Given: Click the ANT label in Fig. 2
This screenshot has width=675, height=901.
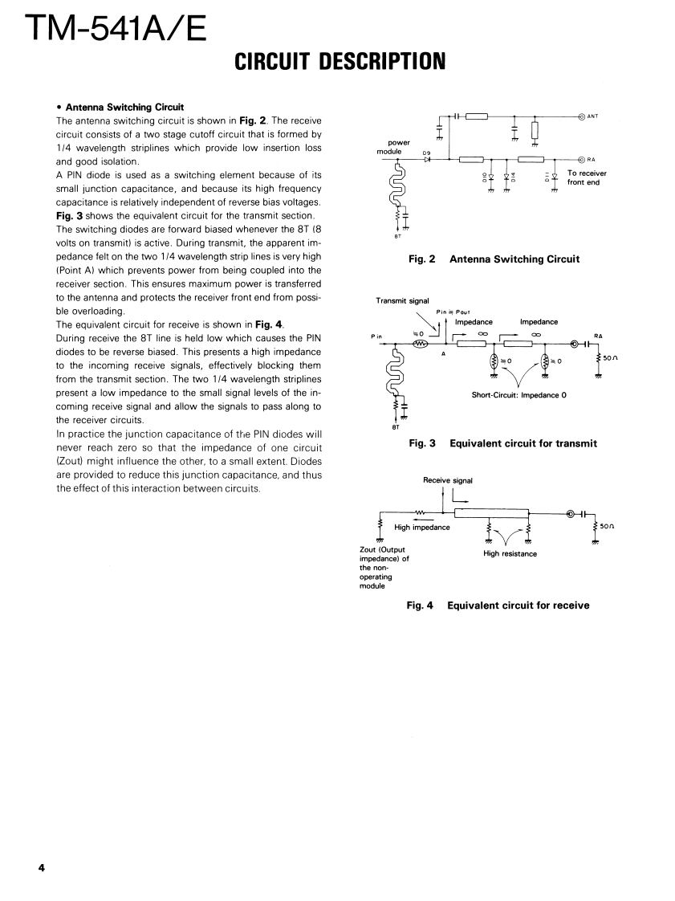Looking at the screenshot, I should point(592,116).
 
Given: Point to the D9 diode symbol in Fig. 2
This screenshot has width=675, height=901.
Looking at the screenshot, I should point(428,159).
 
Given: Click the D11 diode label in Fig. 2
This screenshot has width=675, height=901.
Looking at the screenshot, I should point(546,177).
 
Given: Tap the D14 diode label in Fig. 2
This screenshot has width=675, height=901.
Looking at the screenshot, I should point(512,177).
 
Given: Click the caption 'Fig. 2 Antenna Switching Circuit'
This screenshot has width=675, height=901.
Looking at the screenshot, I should point(494,259).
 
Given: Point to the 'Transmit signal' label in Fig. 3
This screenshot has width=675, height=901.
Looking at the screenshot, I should point(402,301).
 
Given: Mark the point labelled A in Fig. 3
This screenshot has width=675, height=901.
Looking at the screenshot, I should point(444,353).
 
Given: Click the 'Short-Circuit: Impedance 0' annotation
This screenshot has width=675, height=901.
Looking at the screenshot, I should point(519,395).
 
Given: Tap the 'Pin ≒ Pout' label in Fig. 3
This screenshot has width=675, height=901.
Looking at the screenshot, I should point(453,312).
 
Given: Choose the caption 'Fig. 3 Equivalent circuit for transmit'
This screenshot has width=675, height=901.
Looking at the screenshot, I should point(502,442).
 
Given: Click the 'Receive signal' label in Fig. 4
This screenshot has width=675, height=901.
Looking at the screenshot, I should point(448,480).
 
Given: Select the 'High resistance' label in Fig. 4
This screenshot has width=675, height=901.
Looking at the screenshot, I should point(510,553).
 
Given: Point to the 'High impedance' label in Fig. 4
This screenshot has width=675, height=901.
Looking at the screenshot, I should point(422,528).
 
